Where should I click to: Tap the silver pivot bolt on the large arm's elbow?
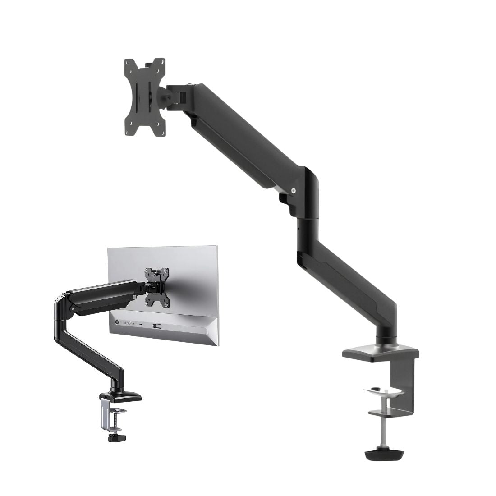tap(294, 191)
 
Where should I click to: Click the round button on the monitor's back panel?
tap(118, 323)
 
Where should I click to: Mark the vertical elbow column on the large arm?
tap(308, 212)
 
